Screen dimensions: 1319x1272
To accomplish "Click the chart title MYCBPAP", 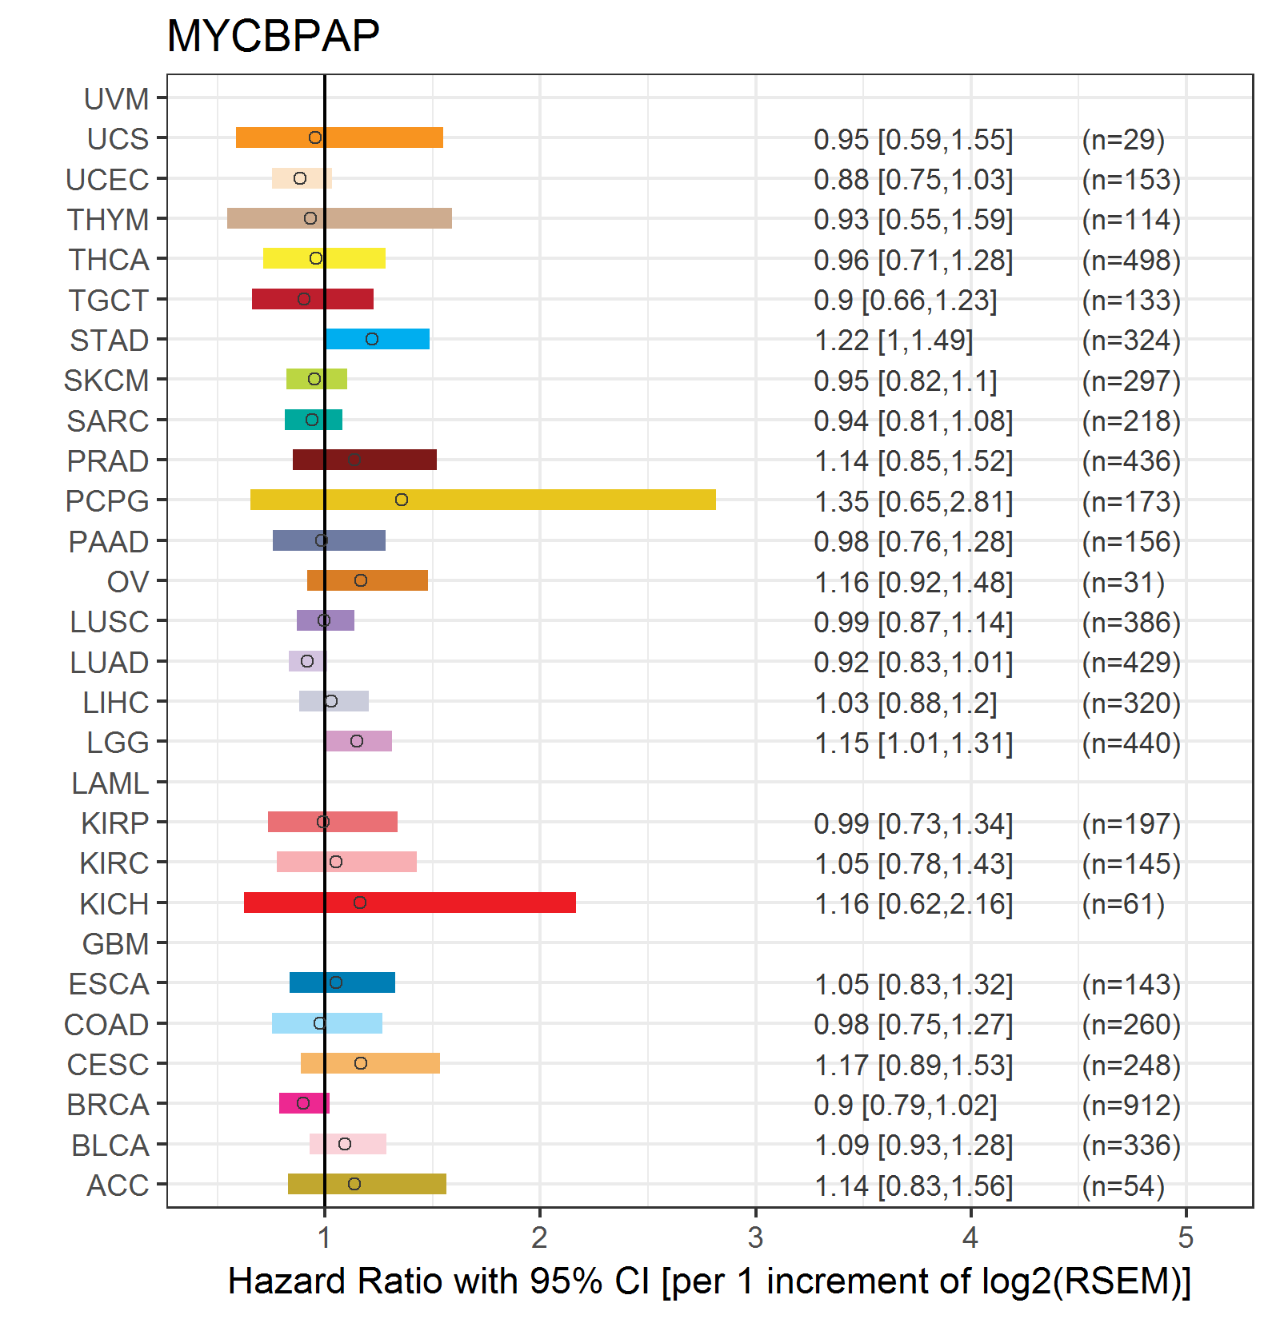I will tap(273, 36).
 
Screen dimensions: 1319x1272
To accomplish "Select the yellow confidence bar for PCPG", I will tap(482, 500).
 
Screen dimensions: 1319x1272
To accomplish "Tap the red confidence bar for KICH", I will tap(410, 903).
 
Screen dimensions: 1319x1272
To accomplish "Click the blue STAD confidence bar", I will tap(377, 339).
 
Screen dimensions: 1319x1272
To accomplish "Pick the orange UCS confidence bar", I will tap(339, 137).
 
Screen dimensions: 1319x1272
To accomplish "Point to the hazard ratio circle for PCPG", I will tap(402, 500).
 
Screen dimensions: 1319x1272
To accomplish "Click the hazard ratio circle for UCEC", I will tap(300, 178).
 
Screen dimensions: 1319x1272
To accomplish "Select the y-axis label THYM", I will tap(108, 220).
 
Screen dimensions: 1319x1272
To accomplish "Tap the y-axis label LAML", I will tap(110, 783).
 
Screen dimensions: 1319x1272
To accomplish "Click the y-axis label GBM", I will tap(116, 944).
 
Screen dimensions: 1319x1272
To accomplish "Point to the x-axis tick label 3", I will tap(755, 1238).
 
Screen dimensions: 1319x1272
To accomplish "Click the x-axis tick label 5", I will tap(1186, 1238).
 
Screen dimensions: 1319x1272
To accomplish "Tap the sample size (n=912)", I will tap(1131, 1105).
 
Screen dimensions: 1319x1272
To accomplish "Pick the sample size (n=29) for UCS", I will tap(1123, 140).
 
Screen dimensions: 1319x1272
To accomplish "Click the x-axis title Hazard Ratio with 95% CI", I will tap(709, 1281).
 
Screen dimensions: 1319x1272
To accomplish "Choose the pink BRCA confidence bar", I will tap(304, 1103).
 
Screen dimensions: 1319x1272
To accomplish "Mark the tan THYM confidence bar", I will tap(339, 218).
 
